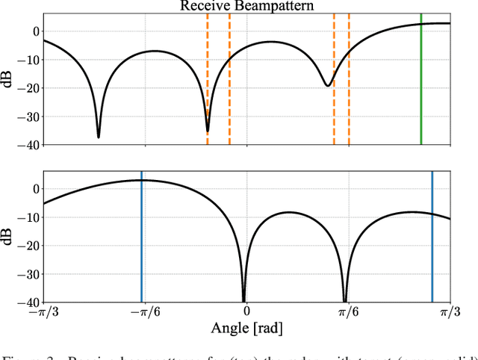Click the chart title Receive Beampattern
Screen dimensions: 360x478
[246, 7]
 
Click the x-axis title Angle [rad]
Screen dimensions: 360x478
[246, 327]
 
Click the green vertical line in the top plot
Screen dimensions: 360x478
[421, 82]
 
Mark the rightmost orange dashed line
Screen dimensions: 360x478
[349, 82]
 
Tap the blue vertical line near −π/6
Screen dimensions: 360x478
[141, 239]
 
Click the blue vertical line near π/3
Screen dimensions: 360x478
[432, 239]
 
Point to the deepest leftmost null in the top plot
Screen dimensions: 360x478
[99, 136]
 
